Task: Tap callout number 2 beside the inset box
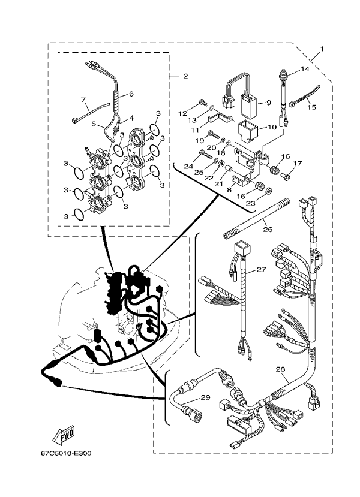pos(185,76)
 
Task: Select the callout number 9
pos(268,103)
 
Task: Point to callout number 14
pos(305,70)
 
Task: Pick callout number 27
pos(261,270)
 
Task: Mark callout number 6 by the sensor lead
pos(130,94)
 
